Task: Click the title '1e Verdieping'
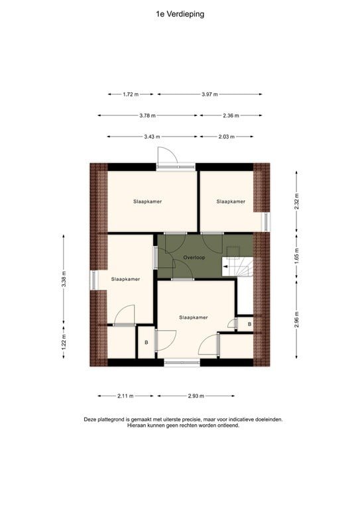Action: click(x=180, y=14)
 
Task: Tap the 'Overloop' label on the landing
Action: click(x=195, y=256)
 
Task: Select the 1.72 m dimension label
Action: click(x=131, y=94)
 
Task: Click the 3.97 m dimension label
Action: click(x=210, y=94)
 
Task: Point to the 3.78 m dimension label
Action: click(x=147, y=115)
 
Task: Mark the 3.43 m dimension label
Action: click(x=151, y=137)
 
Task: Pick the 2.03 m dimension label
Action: click(x=226, y=137)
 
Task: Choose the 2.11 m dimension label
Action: click(x=125, y=396)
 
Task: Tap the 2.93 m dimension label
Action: click(x=194, y=396)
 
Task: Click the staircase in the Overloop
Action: click(x=237, y=262)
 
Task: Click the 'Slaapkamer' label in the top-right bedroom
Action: click(x=231, y=201)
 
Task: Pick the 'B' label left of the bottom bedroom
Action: click(x=147, y=343)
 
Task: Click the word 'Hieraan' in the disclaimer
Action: click(x=138, y=425)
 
